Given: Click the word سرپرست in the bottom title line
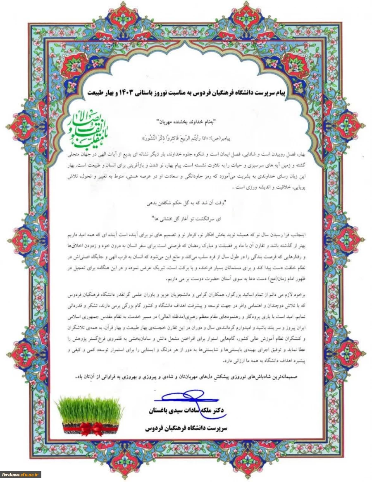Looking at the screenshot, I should point(215,429).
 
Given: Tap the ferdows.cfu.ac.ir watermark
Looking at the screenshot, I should point(21,474).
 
